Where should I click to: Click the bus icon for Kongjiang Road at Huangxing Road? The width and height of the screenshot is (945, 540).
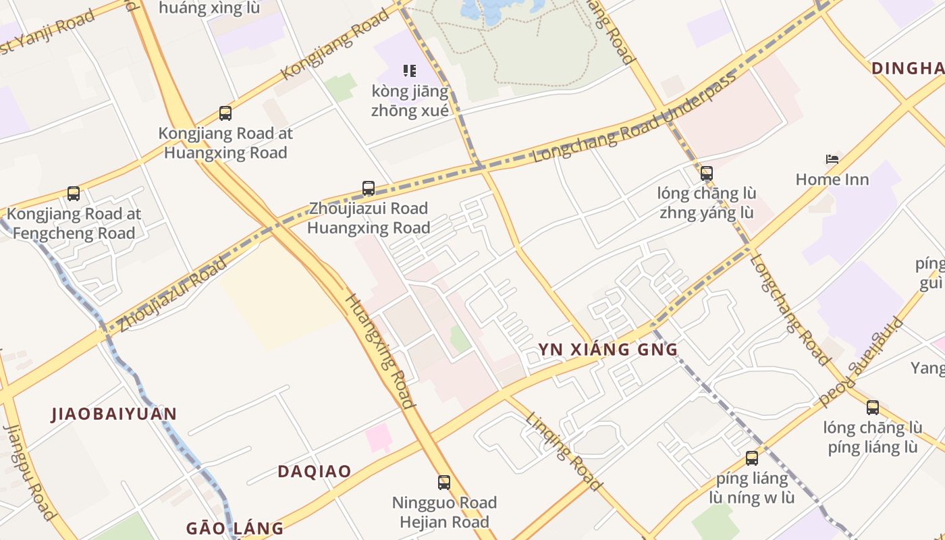point(225,113)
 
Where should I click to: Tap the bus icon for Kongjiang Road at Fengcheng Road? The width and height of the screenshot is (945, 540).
point(74,194)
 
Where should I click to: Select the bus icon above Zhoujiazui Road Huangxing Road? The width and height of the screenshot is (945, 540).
point(369,188)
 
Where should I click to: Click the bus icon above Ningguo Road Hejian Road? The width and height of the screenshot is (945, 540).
point(444,483)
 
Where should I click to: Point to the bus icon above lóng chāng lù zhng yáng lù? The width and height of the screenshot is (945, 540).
point(707,173)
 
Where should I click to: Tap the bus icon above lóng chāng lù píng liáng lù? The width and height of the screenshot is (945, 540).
point(873,408)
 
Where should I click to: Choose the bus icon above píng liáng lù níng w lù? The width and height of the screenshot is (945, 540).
point(752,459)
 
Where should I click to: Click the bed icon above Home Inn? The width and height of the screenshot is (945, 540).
point(832,160)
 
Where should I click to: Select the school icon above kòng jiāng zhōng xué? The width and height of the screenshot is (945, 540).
point(410,70)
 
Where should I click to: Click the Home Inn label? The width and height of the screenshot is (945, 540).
point(832,180)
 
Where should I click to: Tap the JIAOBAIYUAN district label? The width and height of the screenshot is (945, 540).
point(114,414)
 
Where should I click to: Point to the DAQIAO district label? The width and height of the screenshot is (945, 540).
point(315,471)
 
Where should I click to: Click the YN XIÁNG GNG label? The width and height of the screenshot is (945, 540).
point(607,350)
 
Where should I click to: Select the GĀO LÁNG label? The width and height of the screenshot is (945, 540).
point(235,528)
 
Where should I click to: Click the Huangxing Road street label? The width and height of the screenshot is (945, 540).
point(380,351)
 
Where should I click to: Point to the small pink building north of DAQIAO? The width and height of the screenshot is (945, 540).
point(378,437)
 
